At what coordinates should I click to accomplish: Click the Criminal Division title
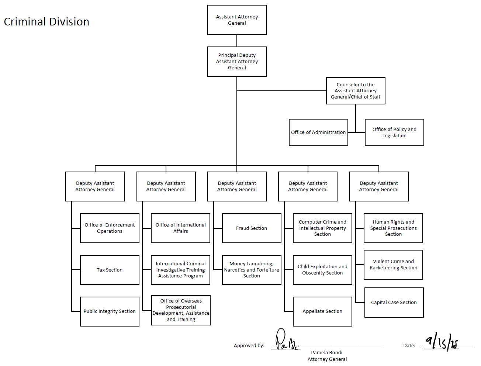coord(46,22)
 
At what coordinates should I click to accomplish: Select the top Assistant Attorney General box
coord(237,20)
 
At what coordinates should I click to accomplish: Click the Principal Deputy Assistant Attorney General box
coord(237,62)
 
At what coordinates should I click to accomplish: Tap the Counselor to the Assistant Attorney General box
coord(356,91)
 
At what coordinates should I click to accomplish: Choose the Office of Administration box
coord(318,132)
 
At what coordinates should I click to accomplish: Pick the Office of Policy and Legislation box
coord(394,132)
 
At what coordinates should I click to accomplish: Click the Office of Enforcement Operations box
coord(110,228)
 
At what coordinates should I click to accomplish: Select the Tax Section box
coord(110,270)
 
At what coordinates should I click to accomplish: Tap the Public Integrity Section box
coord(110,311)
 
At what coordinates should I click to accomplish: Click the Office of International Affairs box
coord(180,228)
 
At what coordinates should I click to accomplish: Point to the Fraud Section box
coord(252,228)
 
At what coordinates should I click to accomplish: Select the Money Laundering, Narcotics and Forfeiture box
coord(252,270)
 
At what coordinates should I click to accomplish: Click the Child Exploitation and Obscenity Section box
coord(322,270)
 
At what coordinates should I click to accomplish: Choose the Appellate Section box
coord(322,311)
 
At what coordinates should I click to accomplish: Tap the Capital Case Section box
coord(394,303)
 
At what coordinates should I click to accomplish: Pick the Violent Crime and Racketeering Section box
coord(393,265)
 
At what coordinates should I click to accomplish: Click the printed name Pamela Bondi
coord(326,353)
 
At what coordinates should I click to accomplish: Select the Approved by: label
coord(249,346)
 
